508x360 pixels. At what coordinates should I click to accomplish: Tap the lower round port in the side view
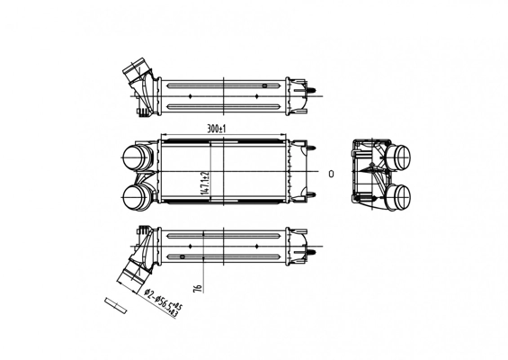click(x=401, y=195)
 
